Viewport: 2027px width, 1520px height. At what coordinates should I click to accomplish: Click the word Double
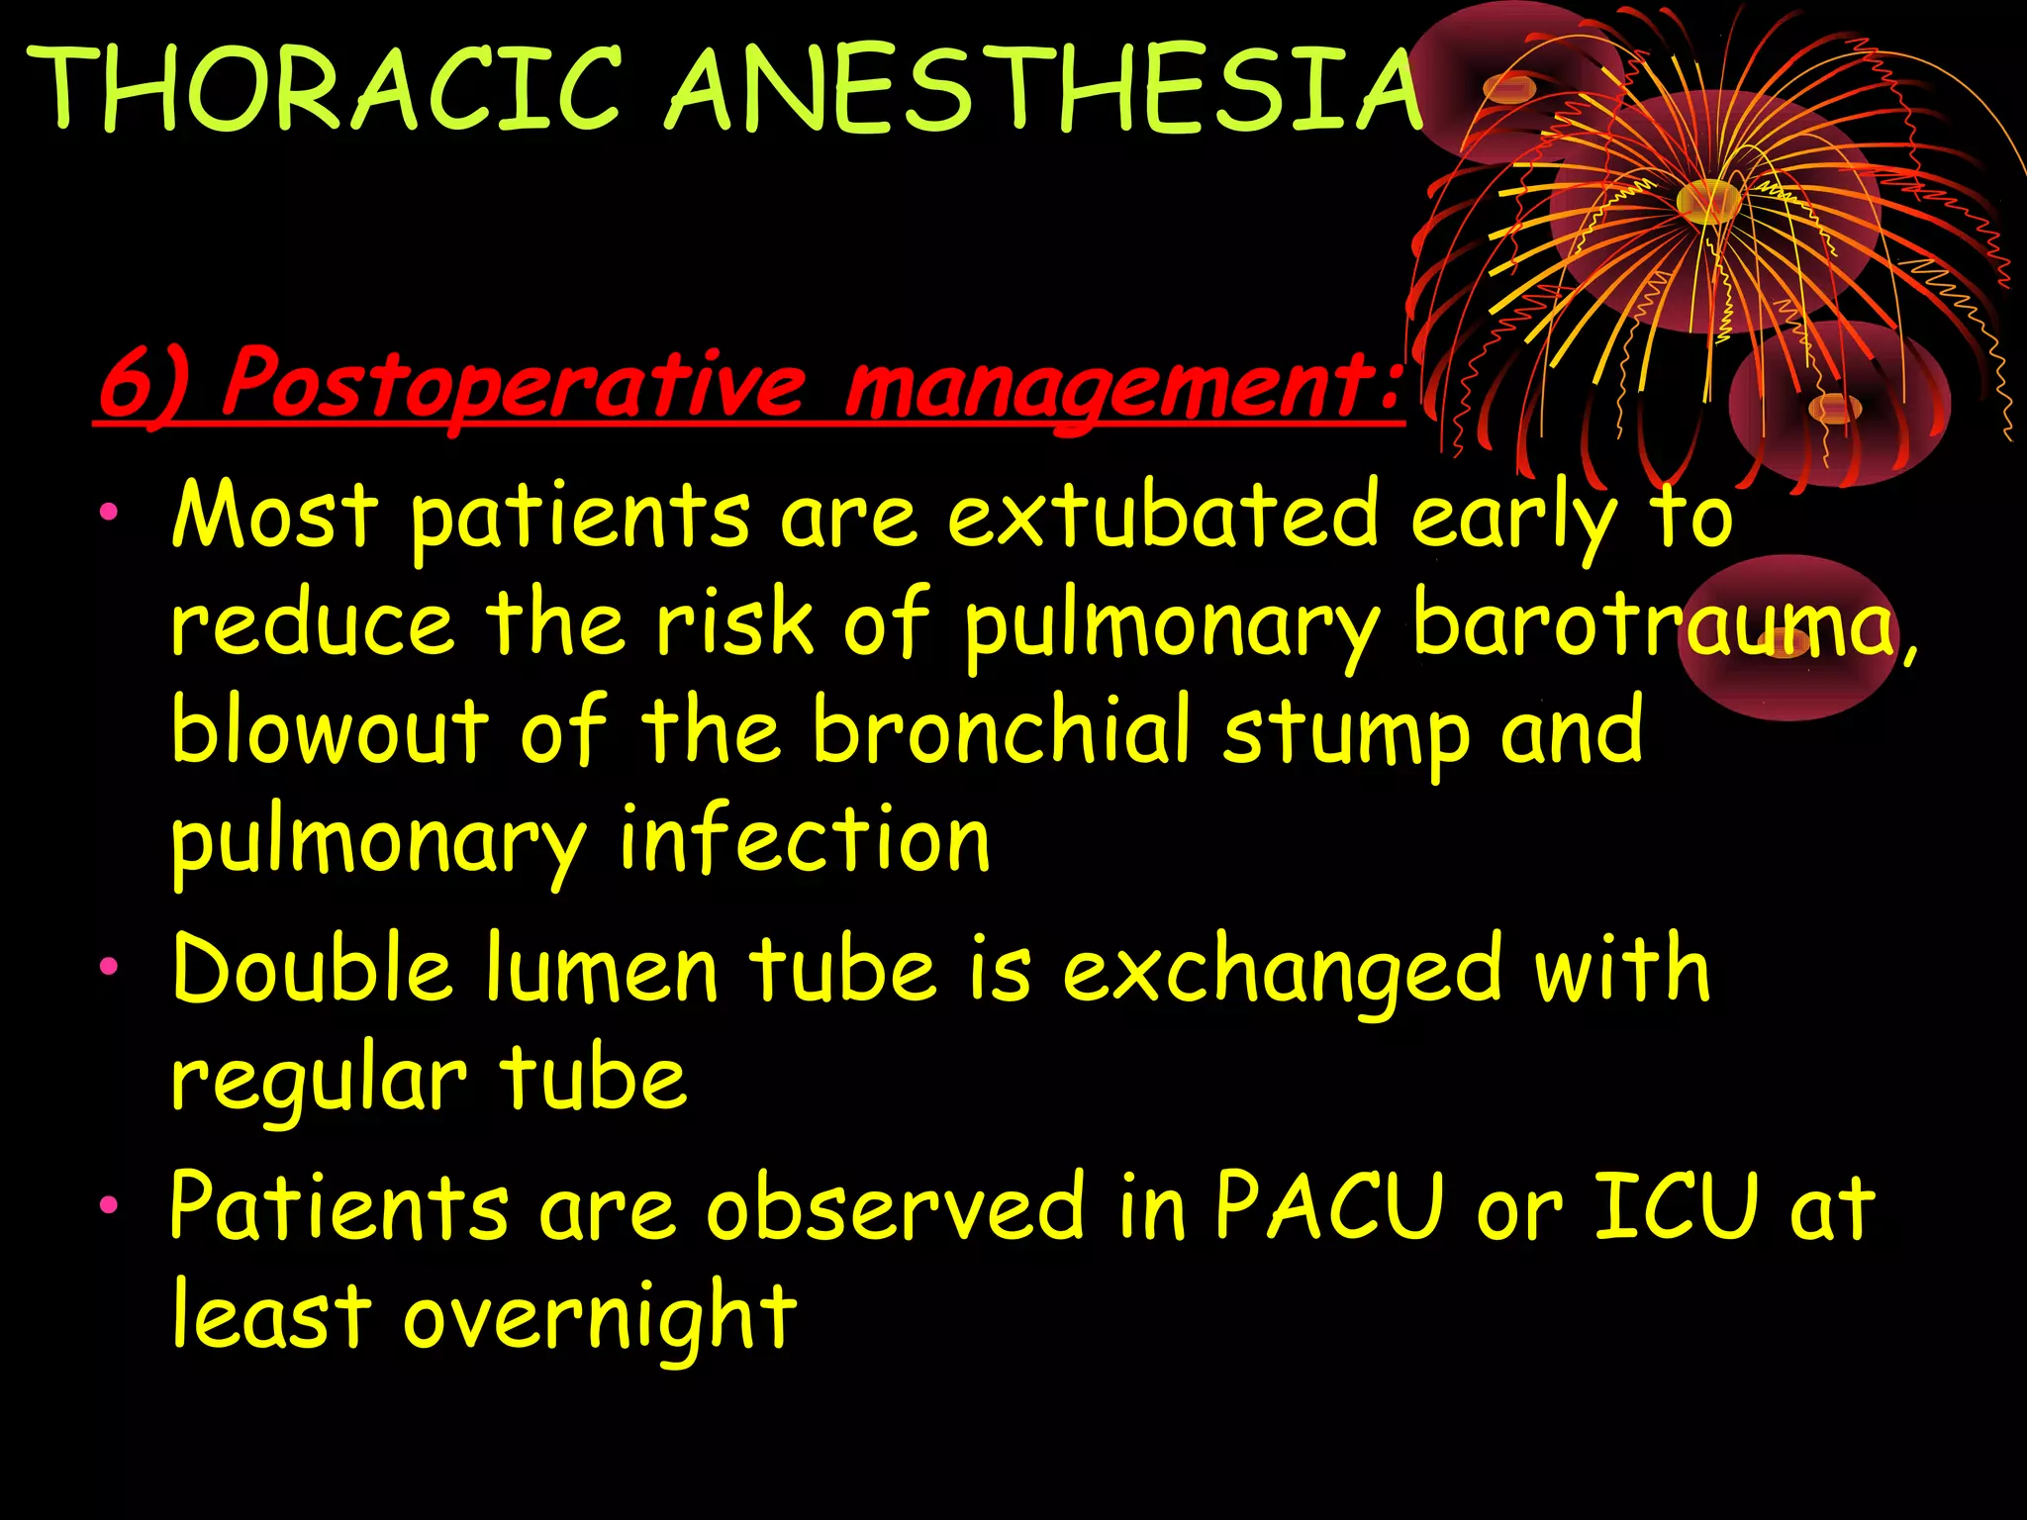(x=313, y=970)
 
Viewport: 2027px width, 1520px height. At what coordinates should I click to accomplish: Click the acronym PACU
(x=1328, y=1205)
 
